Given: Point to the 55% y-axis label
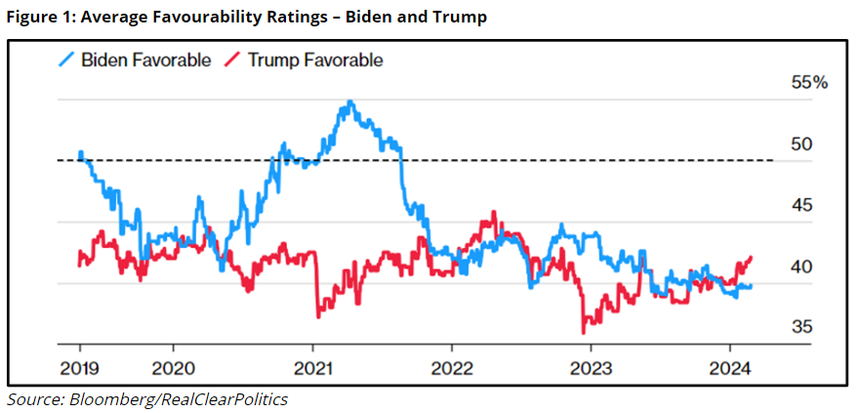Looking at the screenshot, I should tap(808, 83).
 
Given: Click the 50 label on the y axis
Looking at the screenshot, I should tap(800, 145).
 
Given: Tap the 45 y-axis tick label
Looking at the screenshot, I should tap(800, 206).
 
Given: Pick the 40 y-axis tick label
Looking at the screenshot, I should tap(800, 267).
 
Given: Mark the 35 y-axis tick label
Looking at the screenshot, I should tap(800, 327).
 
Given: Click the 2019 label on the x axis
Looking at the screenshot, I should tap(79, 368).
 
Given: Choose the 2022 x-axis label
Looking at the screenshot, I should tap(451, 368).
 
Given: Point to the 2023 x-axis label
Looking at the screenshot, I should tap(591, 368).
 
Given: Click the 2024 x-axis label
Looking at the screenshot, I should tap(730, 368).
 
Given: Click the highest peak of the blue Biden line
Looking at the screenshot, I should tap(350, 102).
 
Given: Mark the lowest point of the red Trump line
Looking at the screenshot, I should tap(584, 333).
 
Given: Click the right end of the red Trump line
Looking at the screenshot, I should tap(752, 257).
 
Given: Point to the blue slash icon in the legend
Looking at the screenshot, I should tap(65, 61).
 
